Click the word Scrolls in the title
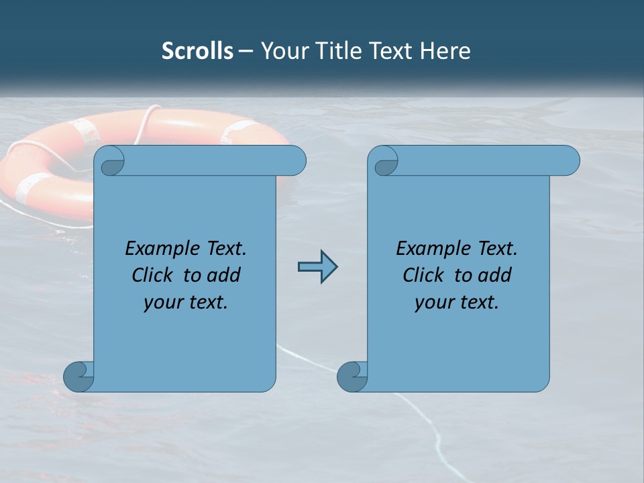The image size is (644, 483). [197, 51]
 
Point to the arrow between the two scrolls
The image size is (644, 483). [317, 267]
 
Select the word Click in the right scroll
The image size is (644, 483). [424, 275]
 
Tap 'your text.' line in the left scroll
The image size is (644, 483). [185, 302]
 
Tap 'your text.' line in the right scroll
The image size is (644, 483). [456, 302]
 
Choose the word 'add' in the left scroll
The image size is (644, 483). [224, 275]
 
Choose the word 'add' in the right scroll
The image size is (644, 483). [495, 275]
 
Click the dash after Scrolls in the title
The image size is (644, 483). [246, 51]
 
